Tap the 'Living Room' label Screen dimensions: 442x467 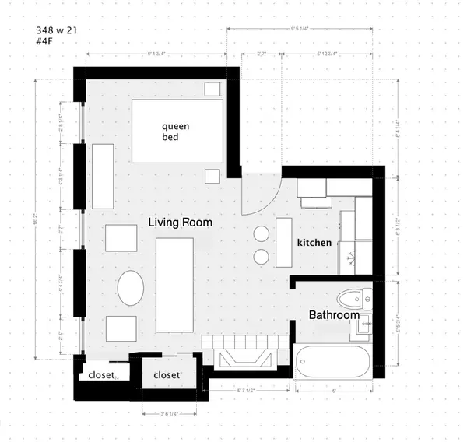180,223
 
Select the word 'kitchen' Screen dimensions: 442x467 314,243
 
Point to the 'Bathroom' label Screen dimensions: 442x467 334,315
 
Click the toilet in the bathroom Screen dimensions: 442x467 356,297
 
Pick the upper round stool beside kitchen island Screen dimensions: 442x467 262,233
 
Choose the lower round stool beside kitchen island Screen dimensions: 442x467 262,256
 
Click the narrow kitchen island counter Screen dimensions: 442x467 283,242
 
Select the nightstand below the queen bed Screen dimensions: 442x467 212,175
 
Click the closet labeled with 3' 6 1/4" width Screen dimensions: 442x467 167,375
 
